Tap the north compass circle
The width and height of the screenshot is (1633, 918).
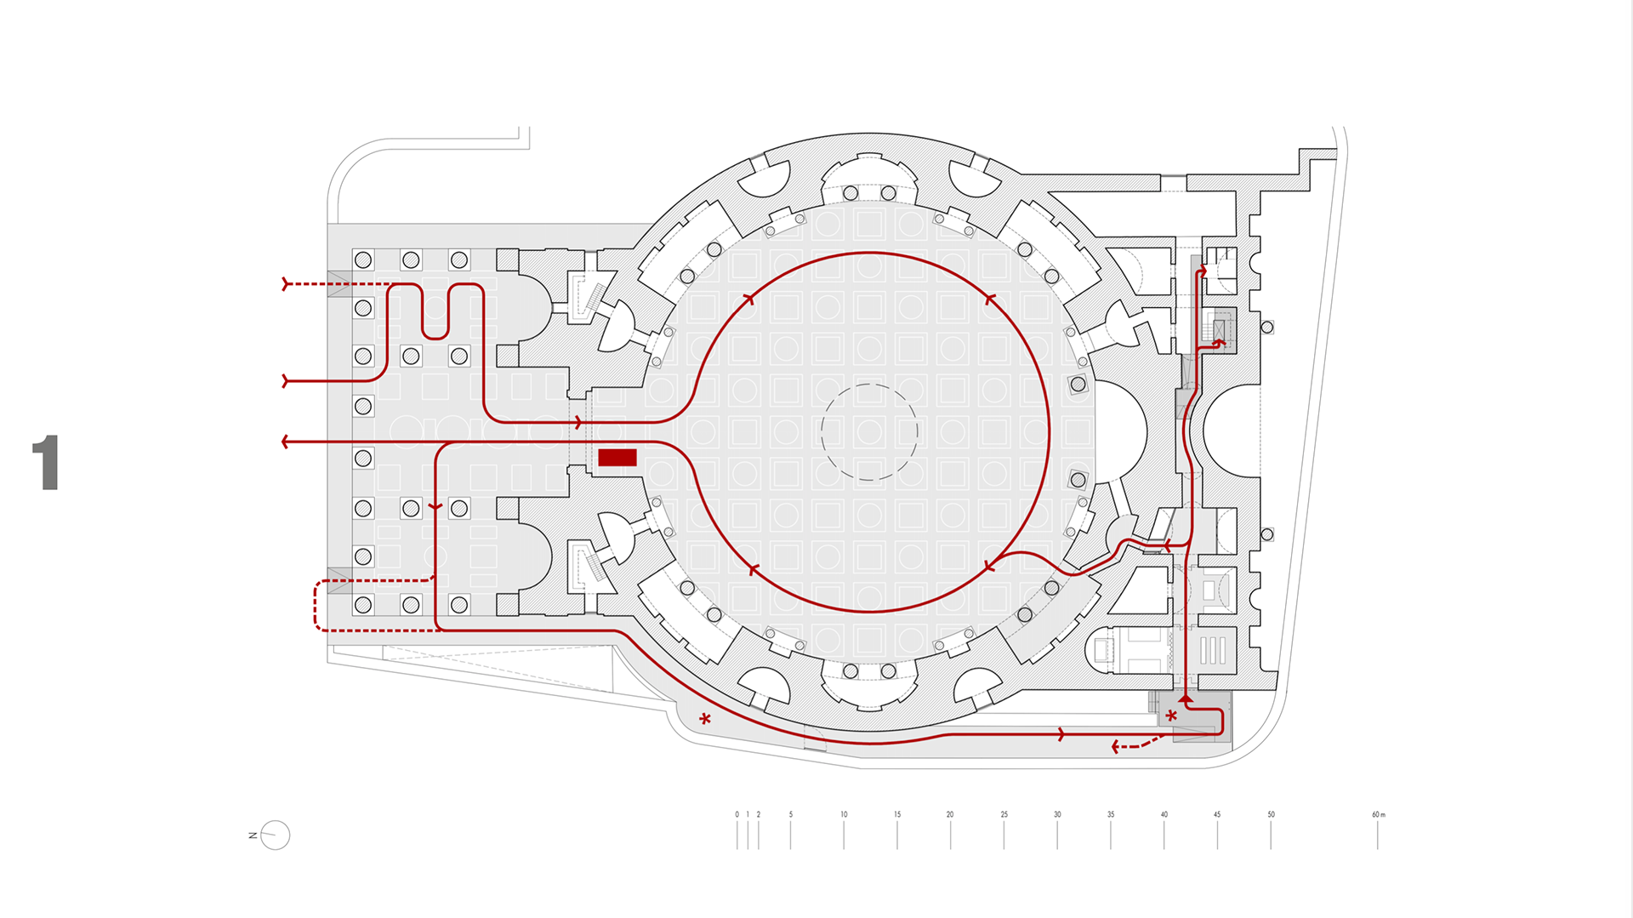276,835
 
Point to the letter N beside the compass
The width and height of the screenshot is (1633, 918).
253,835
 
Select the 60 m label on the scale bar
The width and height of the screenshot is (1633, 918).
1378,814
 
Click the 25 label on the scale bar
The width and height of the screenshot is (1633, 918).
1004,814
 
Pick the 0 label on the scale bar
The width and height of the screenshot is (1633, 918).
737,814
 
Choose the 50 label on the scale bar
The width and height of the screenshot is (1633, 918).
1271,814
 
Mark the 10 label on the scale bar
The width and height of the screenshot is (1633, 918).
844,814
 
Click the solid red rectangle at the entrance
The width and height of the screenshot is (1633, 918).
617,458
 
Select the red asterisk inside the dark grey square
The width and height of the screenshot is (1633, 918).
1171,716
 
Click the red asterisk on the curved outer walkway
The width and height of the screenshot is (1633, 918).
705,720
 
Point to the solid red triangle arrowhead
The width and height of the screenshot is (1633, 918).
1186,698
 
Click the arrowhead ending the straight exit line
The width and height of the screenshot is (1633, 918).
286,442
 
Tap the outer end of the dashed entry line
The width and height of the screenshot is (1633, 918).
286,284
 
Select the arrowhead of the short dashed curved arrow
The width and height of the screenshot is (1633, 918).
1116,747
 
